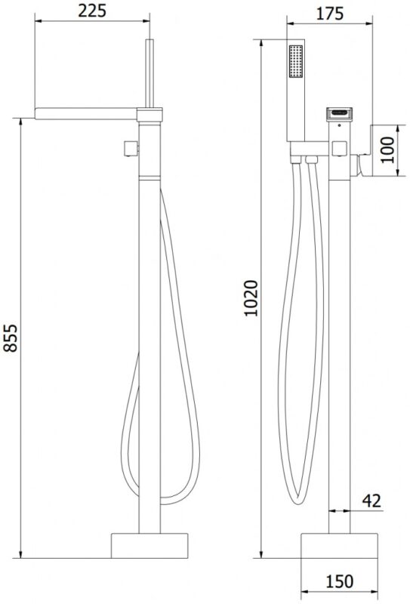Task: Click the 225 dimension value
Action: coord(92,11)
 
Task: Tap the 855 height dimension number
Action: coord(11,337)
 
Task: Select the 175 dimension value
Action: coord(330,14)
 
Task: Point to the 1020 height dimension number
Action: coord(251,298)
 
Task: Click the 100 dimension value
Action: coord(387,149)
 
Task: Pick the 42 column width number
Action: coord(371,501)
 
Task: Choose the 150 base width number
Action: coord(340,581)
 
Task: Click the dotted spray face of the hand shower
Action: coord(295,62)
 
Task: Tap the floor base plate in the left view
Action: coord(150,545)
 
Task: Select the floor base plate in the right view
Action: coord(339,545)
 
